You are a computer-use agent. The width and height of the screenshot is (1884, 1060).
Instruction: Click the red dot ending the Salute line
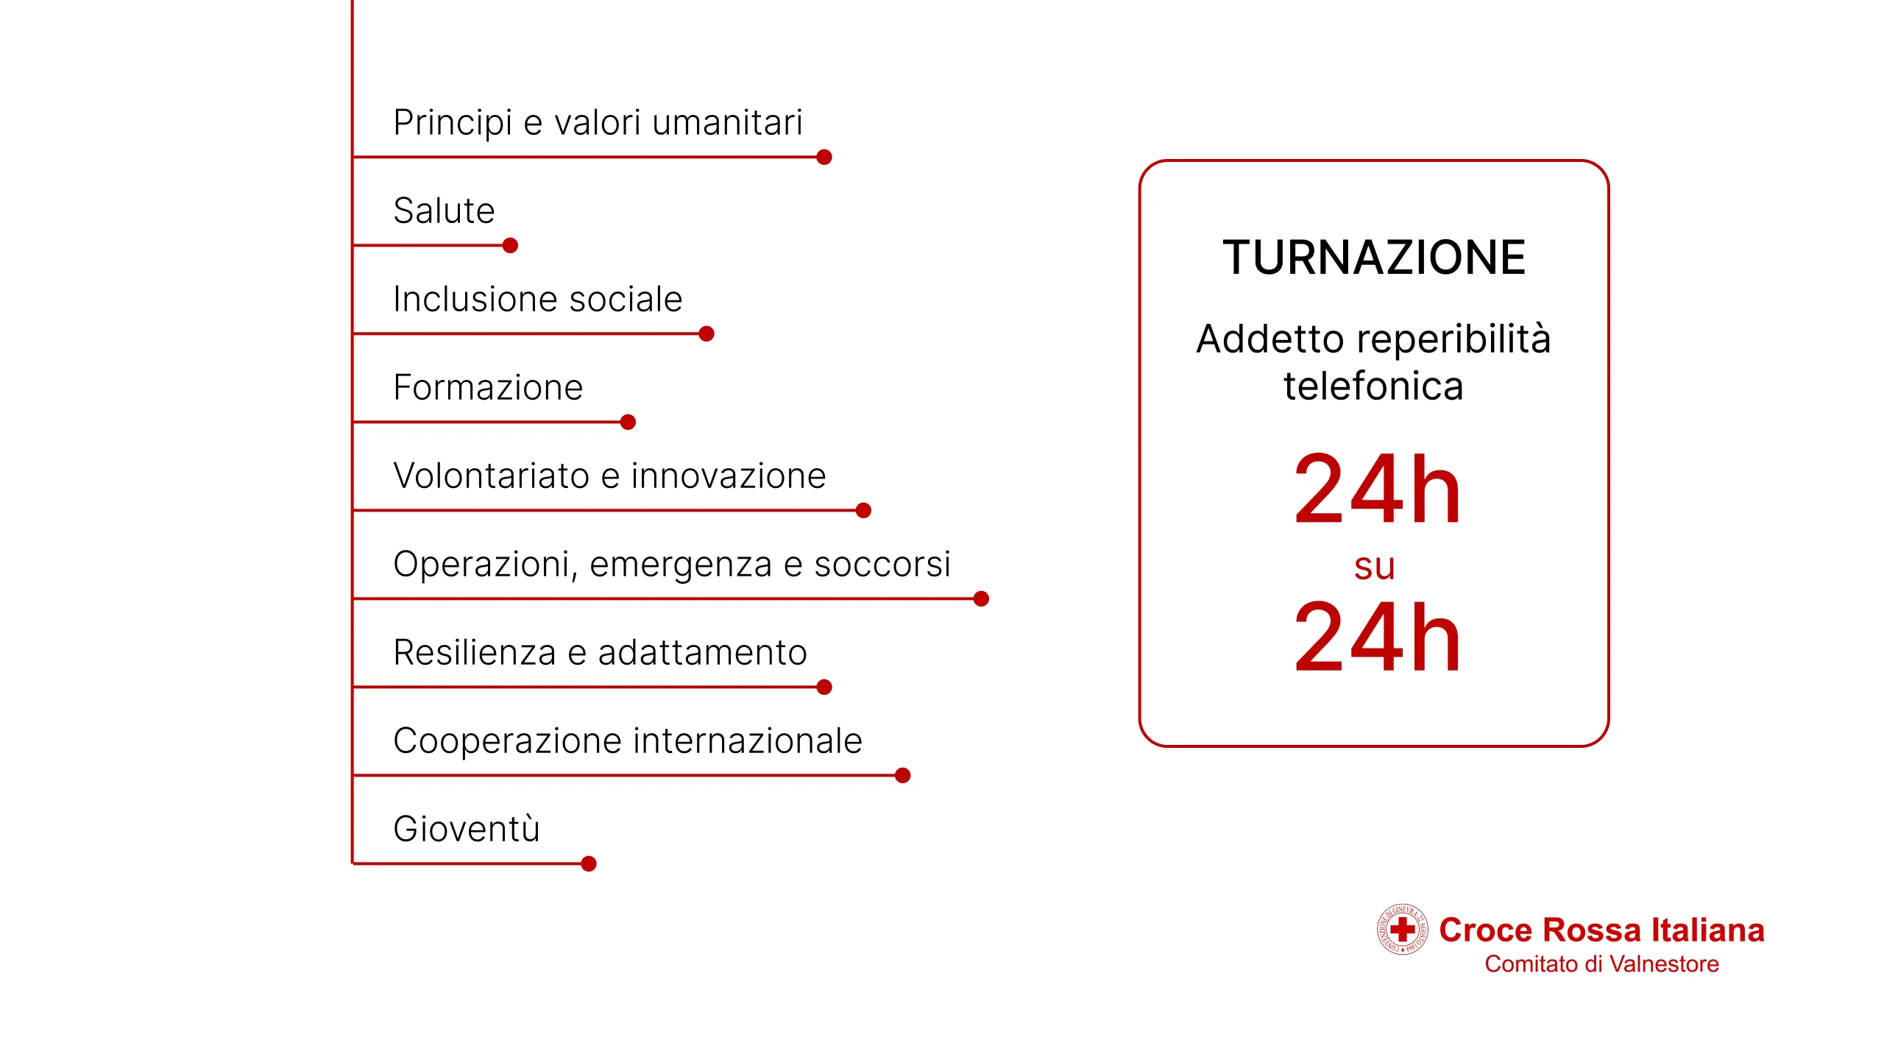point(510,245)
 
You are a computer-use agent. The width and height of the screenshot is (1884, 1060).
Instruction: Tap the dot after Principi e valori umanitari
point(824,157)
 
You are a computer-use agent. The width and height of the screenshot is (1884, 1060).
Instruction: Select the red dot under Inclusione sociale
point(706,333)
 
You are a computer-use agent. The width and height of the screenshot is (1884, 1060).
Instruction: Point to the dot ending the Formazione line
point(628,422)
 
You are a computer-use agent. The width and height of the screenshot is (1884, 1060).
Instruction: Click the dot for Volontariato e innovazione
point(864,510)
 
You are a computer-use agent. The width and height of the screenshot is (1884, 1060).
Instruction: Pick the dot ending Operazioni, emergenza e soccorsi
point(981,598)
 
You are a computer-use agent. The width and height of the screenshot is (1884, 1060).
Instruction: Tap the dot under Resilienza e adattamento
point(824,687)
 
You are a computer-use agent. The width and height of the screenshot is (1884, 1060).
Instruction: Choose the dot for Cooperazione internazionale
point(903,775)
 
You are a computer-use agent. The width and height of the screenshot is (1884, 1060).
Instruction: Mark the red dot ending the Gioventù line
point(589,863)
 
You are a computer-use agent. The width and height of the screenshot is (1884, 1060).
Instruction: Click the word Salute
point(444,211)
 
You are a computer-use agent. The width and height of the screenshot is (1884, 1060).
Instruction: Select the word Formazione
point(488,387)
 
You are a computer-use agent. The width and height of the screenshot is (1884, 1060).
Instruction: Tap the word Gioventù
point(467,829)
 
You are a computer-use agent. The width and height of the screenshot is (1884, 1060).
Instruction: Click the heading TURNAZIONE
point(1374,258)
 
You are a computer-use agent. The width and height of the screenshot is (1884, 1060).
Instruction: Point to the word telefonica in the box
point(1374,386)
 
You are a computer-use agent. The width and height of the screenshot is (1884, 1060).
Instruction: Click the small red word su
point(1374,567)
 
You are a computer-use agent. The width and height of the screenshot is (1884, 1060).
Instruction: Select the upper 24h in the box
point(1377,489)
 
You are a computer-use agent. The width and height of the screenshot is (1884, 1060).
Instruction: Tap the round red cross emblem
point(1403,929)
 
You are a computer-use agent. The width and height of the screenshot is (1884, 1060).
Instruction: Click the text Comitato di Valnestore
point(1601,964)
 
